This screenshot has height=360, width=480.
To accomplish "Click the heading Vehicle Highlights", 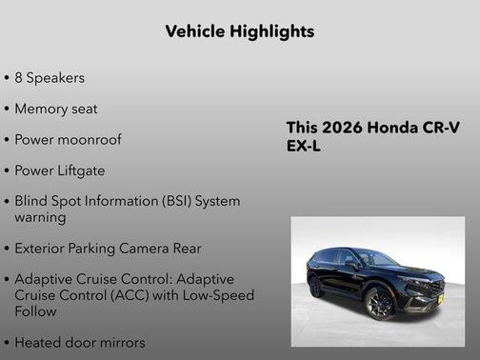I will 239,31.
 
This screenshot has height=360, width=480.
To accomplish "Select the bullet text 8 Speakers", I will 50,77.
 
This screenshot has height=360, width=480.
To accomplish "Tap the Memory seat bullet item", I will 55,109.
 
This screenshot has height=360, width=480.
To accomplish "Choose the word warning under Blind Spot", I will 40,217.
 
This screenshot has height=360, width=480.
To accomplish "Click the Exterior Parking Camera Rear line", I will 108,249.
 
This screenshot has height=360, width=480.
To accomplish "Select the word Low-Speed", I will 218,295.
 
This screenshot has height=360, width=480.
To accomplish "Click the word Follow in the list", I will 37,310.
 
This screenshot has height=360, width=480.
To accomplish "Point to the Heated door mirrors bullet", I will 80,342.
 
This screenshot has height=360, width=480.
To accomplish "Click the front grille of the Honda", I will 430,289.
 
